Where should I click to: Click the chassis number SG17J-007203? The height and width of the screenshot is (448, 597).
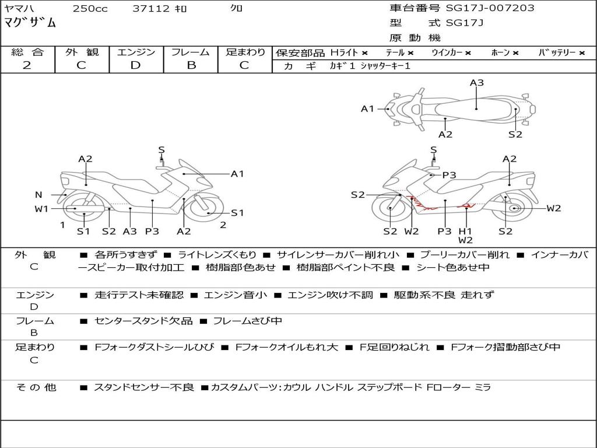[490, 8]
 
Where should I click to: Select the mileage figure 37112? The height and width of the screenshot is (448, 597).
[151, 9]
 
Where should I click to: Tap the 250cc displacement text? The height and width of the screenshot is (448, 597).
[90, 9]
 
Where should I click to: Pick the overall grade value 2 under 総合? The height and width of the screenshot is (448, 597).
[27, 65]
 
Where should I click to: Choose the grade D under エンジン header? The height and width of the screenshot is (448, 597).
[135, 65]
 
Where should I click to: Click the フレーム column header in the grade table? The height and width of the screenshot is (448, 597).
[190, 52]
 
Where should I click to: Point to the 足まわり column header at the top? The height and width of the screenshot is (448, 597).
[245, 52]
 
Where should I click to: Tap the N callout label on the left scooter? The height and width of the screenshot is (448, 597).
[38, 195]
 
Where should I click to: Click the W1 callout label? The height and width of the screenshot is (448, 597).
[41, 209]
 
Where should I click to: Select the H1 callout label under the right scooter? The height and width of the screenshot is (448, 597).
[465, 231]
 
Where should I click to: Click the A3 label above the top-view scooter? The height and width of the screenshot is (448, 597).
[477, 83]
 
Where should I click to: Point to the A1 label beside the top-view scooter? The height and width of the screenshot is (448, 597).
[367, 108]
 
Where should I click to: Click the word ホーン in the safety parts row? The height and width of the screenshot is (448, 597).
[501, 53]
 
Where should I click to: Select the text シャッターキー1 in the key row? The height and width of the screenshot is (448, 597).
[385, 66]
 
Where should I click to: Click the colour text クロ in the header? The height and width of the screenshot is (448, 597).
[236, 9]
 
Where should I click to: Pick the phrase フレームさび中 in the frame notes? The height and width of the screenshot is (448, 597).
[247, 321]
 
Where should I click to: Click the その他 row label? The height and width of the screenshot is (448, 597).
[36, 387]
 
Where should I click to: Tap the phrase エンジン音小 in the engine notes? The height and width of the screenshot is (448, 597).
[236, 295]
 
